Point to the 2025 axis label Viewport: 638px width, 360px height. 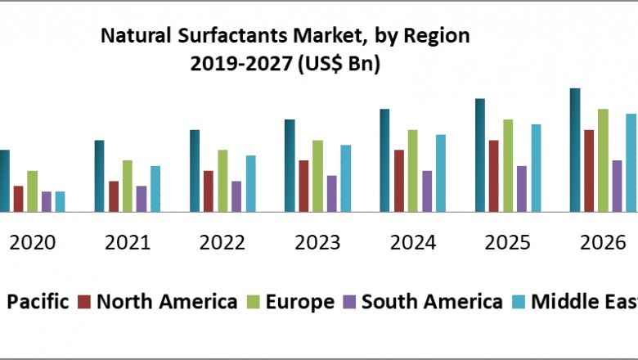point(507,243)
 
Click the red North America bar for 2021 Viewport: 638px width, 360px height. point(114,196)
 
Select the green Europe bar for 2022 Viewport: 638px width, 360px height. point(222,181)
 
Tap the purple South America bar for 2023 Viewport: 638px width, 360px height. point(332,194)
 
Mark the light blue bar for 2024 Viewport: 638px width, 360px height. point(441,173)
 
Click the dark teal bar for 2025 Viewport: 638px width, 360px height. point(480,155)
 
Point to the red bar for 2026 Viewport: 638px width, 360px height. point(589,171)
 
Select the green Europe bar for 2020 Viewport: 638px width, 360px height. point(33,191)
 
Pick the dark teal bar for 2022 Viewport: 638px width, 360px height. point(195,171)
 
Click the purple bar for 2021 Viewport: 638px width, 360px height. point(142,199)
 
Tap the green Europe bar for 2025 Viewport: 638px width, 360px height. point(508,166)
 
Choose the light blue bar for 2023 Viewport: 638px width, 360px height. point(346,178)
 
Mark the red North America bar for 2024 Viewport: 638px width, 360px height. point(399,181)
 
